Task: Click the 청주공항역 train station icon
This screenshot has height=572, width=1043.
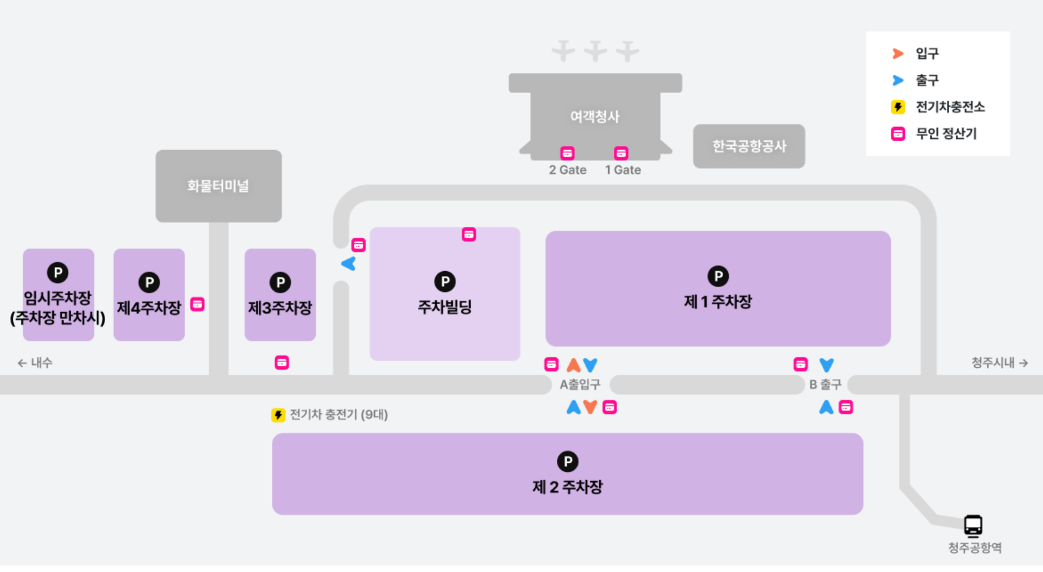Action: click(x=972, y=525)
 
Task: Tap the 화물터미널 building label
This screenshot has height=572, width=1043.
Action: click(x=218, y=186)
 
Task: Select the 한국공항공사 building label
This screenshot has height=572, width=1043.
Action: click(x=749, y=146)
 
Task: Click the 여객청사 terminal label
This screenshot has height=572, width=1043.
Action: click(x=595, y=116)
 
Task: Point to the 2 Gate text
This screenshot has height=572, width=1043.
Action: click(x=568, y=170)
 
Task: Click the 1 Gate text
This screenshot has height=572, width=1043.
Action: click(x=623, y=170)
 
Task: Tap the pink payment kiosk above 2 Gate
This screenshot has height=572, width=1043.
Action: click(x=568, y=153)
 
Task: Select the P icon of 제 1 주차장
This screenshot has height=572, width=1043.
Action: click(x=718, y=276)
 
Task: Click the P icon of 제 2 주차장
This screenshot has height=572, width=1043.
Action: click(x=568, y=461)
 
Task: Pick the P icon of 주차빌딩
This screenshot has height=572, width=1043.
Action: click(x=445, y=281)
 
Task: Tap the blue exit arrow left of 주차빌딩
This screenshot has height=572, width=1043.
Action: click(x=348, y=263)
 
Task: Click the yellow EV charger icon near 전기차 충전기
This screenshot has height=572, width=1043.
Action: click(x=278, y=415)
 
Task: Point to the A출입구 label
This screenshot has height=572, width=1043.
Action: click(x=580, y=384)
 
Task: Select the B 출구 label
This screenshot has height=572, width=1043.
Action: click(x=825, y=384)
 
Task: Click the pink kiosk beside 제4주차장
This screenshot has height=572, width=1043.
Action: click(x=197, y=304)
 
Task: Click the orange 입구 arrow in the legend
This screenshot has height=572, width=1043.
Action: click(x=898, y=53)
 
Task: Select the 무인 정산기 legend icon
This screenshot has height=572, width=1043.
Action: click(x=898, y=134)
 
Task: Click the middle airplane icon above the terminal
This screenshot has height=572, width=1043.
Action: click(x=595, y=51)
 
